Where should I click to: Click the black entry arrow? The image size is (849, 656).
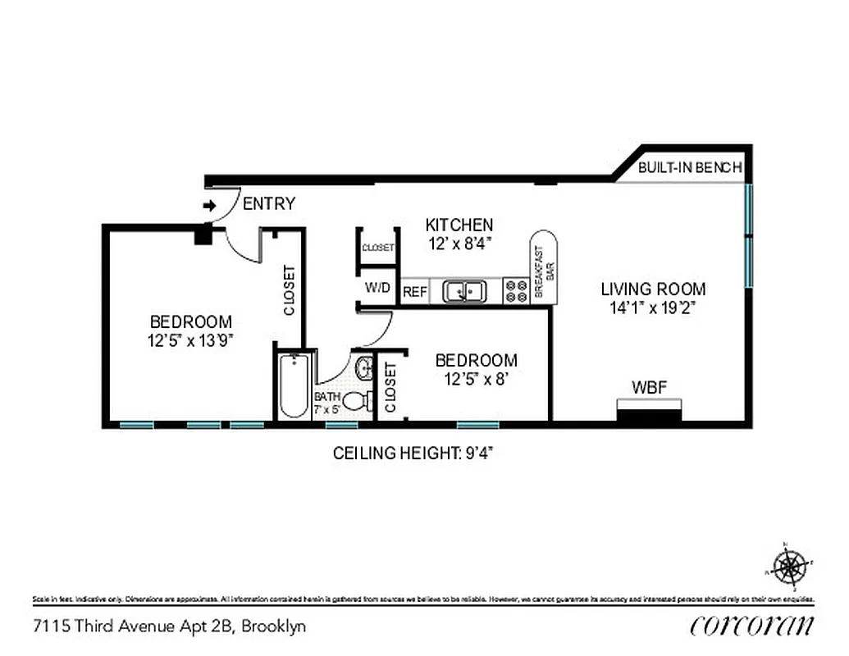click(x=209, y=206)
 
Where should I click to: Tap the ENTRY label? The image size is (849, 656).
click(x=268, y=204)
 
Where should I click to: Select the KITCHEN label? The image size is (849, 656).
click(x=459, y=225)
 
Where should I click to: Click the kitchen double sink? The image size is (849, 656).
click(x=464, y=291)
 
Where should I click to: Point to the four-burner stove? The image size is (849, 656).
click(x=516, y=291)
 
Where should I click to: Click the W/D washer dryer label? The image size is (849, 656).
click(x=377, y=289)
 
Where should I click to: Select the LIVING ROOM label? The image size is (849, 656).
click(x=653, y=289)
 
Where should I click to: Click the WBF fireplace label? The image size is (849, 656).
click(x=648, y=386)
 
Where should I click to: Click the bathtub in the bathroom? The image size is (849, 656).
click(x=293, y=385)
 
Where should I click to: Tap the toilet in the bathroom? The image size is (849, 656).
click(x=356, y=401)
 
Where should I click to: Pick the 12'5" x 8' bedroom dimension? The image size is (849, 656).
click(x=476, y=379)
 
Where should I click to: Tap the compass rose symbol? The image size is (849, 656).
click(x=789, y=566)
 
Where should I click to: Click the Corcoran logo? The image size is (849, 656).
click(x=752, y=625)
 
